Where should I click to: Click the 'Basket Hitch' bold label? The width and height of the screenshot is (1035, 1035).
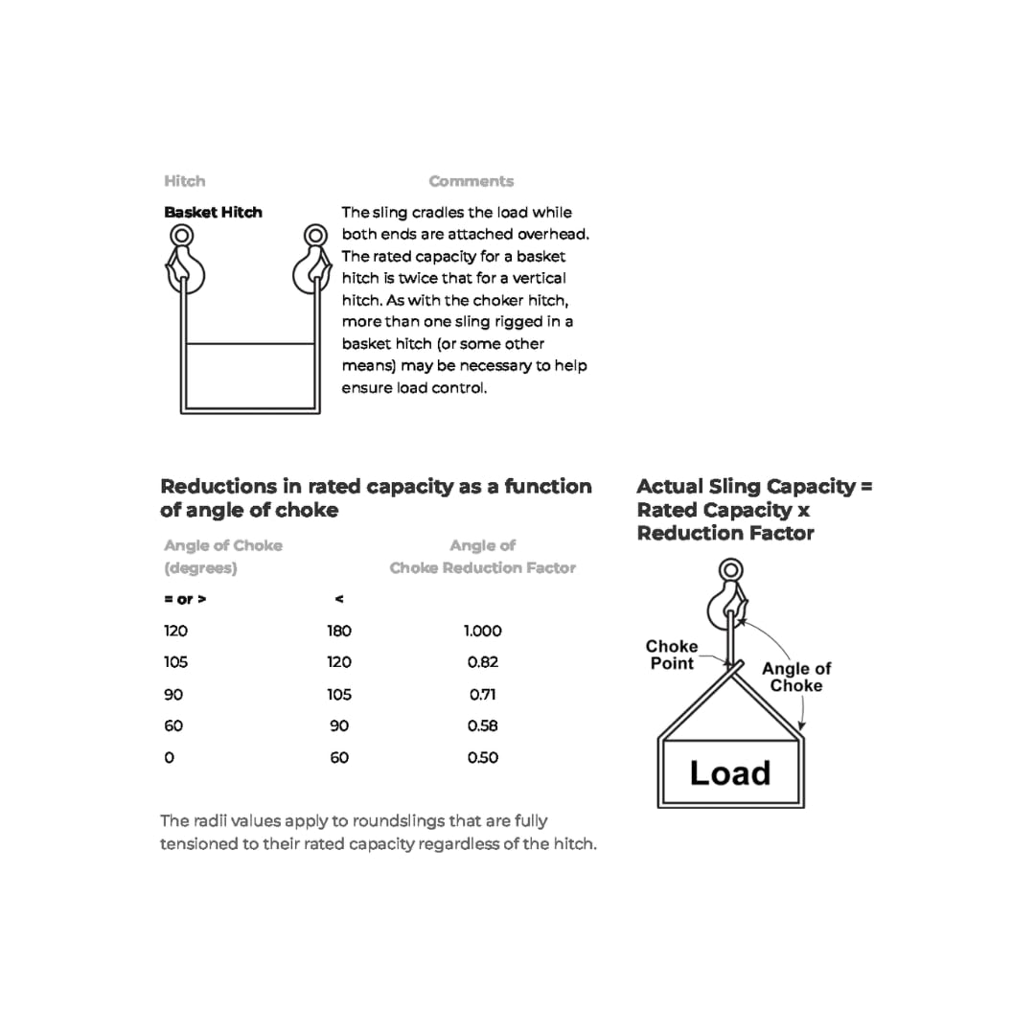[x=213, y=213]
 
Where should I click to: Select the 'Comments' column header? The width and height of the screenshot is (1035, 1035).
[x=471, y=181]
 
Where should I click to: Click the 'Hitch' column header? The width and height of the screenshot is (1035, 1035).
[x=184, y=181]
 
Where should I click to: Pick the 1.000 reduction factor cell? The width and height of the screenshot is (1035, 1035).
[x=482, y=631]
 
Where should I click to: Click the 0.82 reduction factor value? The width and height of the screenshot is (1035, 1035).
[x=483, y=662]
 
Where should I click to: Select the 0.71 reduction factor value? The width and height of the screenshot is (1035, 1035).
[x=483, y=694]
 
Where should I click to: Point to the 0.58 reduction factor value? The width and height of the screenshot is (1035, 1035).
[x=483, y=725]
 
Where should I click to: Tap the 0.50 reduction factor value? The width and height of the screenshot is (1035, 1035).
[x=483, y=757]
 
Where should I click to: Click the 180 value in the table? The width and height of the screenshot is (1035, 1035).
[x=339, y=631]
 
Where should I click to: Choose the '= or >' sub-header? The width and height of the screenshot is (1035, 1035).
[x=185, y=599]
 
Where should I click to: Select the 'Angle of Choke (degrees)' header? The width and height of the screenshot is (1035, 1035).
[x=222, y=556]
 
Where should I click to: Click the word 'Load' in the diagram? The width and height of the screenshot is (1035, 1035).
[x=729, y=772]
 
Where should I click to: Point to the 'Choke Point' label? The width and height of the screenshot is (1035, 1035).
[x=672, y=655]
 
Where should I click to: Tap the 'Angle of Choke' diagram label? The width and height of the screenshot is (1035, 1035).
[x=796, y=677]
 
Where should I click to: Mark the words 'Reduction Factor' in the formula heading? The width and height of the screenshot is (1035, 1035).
[x=725, y=533]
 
